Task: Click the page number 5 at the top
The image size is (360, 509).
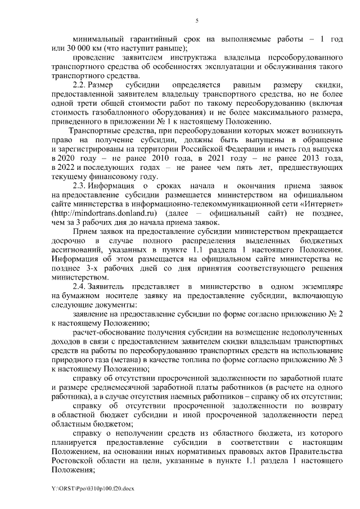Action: (x=197, y=21)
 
